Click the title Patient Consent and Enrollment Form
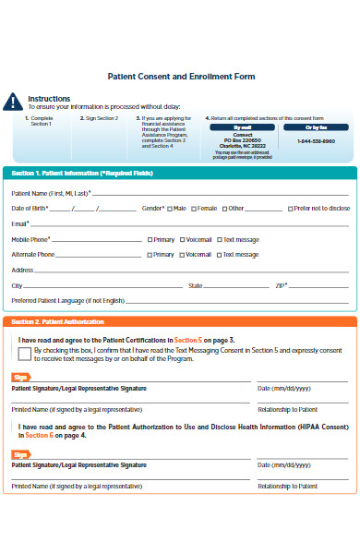pos(181,76)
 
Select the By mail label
pos(243,126)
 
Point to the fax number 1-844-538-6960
pos(316,140)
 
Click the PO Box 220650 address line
pos(243,140)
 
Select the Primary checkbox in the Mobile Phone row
pos(150,239)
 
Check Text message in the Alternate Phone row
pos(219,254)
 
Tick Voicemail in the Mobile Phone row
pos(182,239)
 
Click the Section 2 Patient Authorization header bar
pos(180,321)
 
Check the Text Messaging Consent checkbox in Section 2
pos(25,352)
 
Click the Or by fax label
pos(316,126)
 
